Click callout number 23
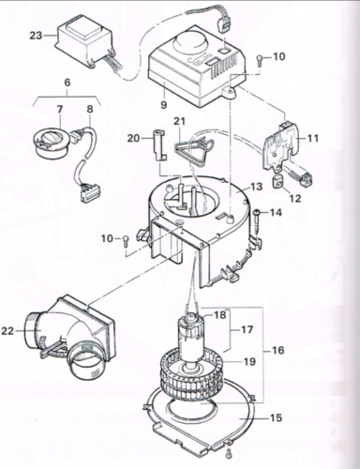36,36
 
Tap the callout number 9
164,104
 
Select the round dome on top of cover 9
190,42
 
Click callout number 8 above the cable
90,109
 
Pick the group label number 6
67,83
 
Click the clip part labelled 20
160,145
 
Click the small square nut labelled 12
278,182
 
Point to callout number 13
255,187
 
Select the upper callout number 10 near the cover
278,56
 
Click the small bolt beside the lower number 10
126,240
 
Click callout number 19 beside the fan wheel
249,361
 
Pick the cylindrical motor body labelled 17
190,339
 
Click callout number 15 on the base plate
276,417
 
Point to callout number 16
277,350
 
